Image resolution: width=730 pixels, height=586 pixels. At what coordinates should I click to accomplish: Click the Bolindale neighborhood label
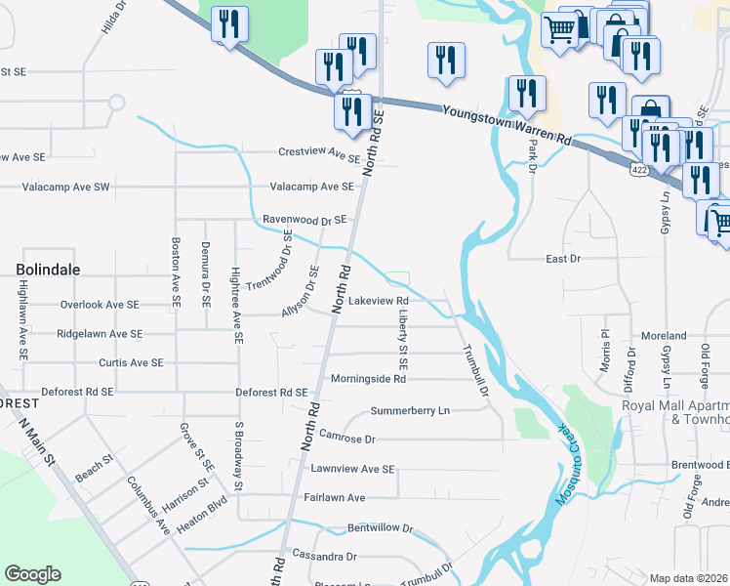coord(47,269)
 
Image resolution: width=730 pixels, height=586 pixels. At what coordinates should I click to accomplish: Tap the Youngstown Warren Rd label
coord(506,126)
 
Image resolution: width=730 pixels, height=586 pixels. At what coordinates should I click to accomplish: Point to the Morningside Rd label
coord(367,378)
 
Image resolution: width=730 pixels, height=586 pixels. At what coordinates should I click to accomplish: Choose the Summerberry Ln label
coord(410,410)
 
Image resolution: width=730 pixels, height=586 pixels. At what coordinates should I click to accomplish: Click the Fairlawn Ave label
coord(334,497)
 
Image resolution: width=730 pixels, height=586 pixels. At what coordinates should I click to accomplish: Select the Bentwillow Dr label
coord(381,528)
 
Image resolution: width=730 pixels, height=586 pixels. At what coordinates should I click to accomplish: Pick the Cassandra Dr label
coord(324,556)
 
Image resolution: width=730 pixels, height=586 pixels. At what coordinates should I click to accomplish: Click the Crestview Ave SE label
coord(319,153)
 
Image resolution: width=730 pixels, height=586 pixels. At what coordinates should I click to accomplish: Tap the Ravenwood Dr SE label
coord(304,220)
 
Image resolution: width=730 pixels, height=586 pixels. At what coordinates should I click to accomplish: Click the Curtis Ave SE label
coord(131,362)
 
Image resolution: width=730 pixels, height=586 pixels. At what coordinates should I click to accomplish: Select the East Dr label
coord(562,259)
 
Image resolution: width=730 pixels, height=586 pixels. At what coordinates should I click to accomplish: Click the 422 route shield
coord(638,170)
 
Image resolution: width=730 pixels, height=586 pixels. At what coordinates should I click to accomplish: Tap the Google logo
coord(32,574)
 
